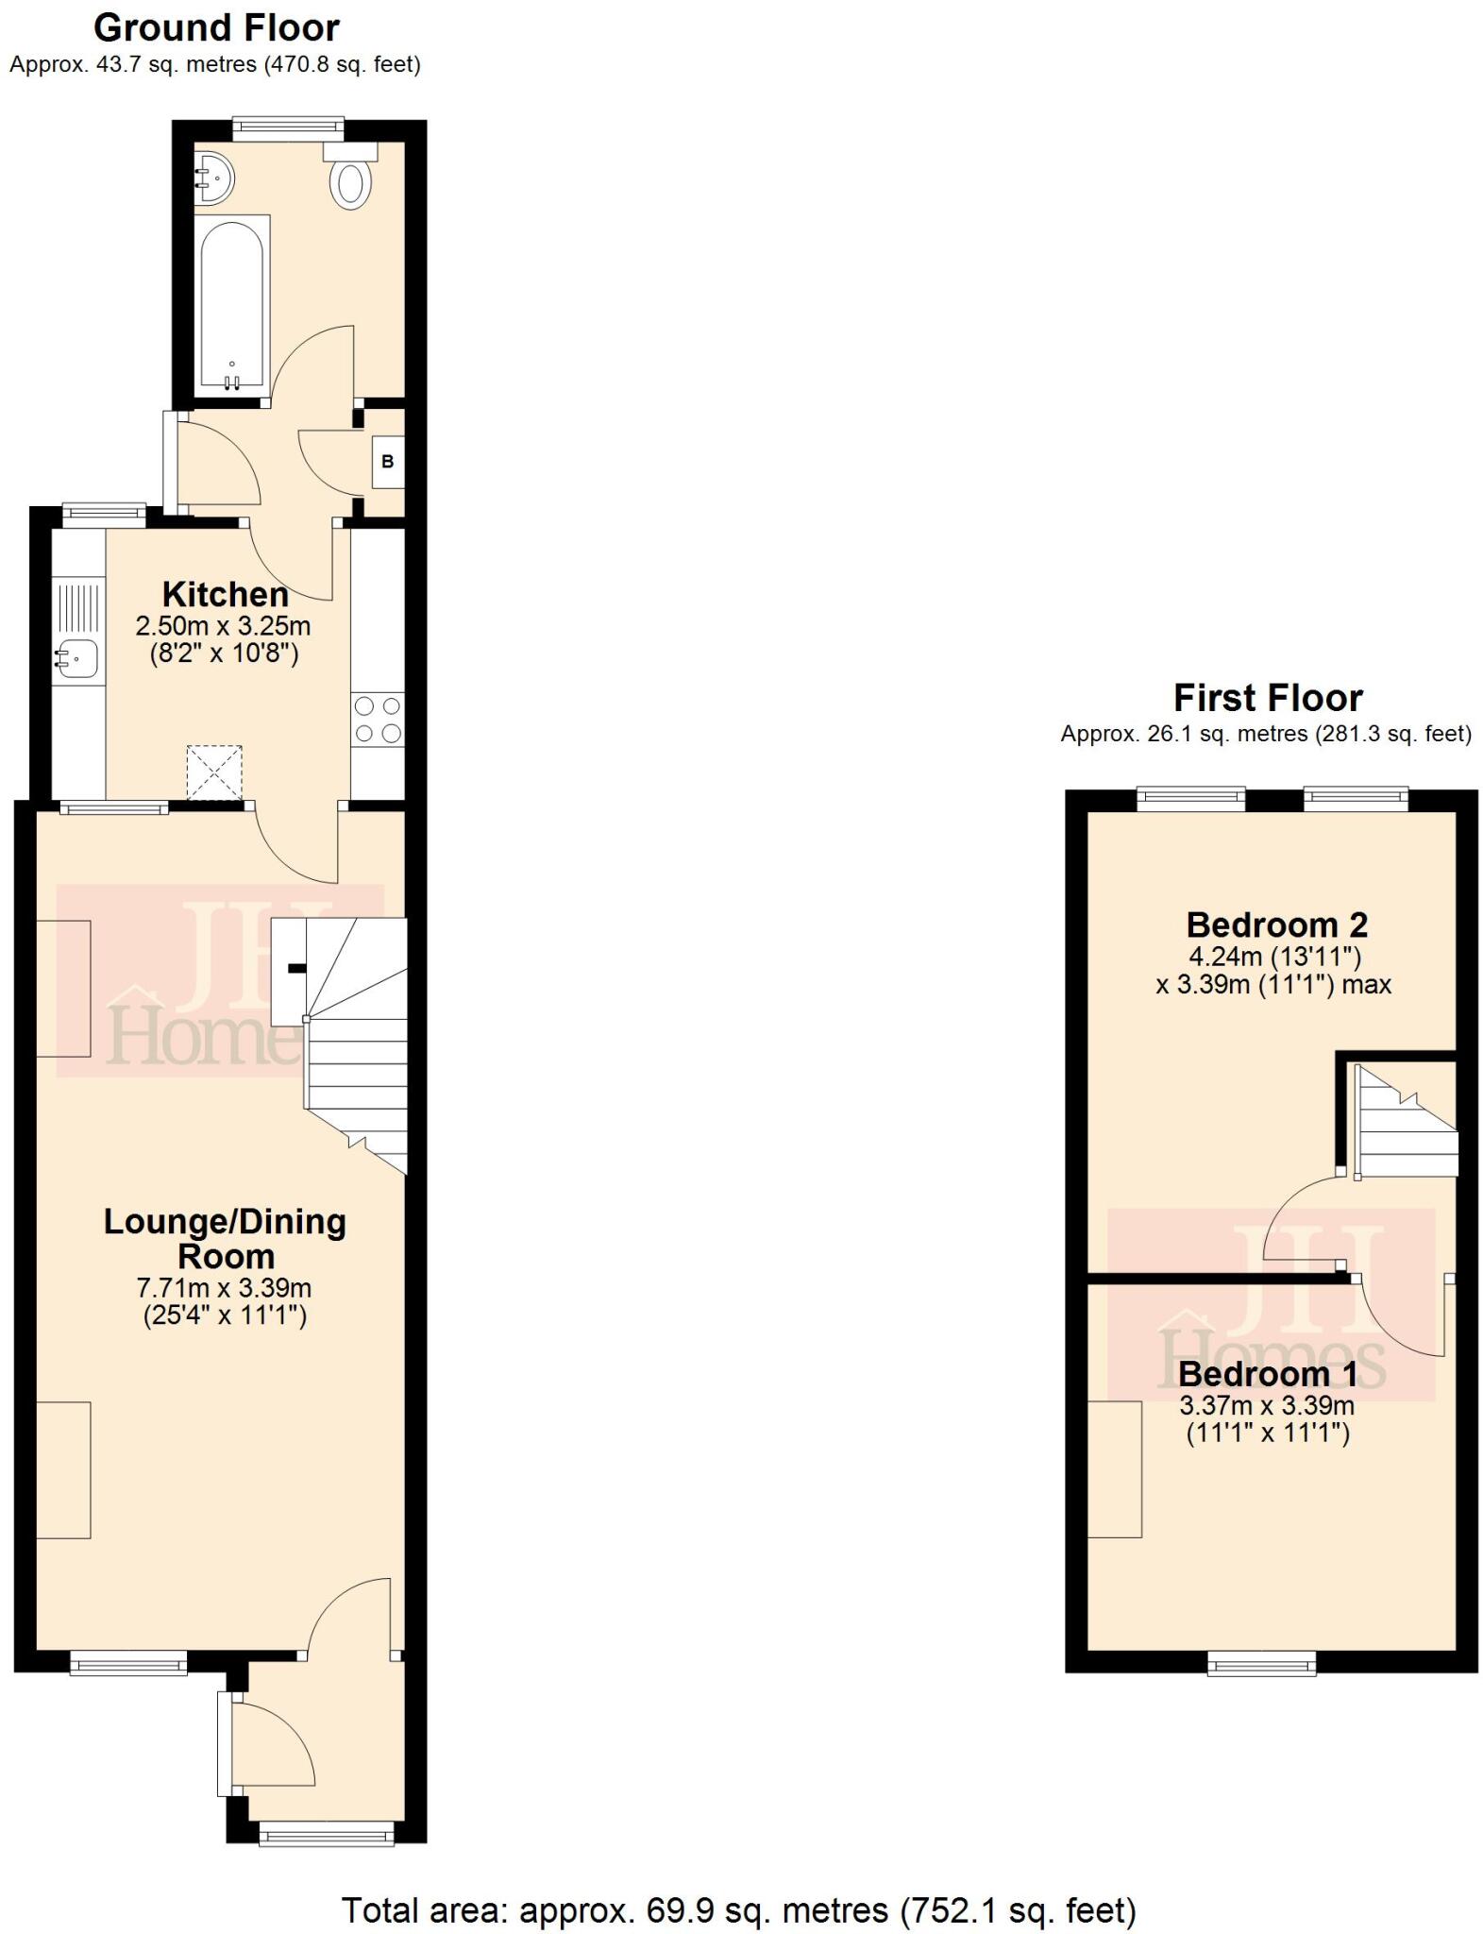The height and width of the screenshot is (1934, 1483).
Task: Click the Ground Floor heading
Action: tap(216, 28)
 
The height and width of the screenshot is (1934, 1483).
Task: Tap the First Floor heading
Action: tap(1267, 698)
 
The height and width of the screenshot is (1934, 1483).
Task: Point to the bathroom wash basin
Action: tap(214, 176)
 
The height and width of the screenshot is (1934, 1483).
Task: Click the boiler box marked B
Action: tap(387, 462)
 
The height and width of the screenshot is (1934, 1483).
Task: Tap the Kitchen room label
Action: tap(225, 595)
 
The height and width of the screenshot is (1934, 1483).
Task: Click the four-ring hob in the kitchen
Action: tap(378, 720)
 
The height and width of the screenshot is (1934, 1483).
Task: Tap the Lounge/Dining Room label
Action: tap(225, 1238)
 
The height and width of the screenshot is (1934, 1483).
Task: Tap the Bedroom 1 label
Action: tap(1267, 1372)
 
